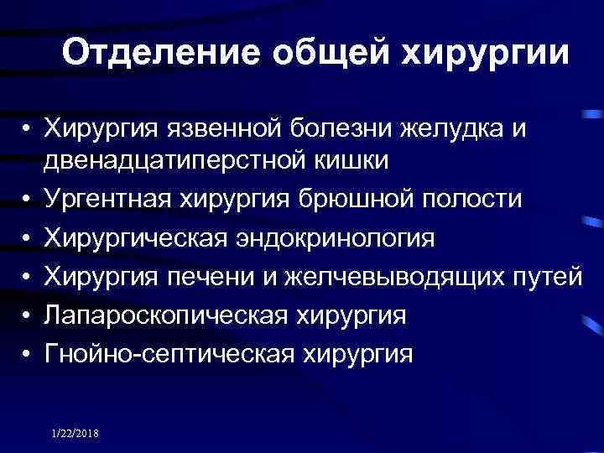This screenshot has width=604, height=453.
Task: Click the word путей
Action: pyautogui.click(x=550, y=277)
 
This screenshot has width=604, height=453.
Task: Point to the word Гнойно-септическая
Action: pyautogui.click(x=169, y=354)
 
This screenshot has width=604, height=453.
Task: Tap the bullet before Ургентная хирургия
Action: pyautogui.click(x=28, y=200)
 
